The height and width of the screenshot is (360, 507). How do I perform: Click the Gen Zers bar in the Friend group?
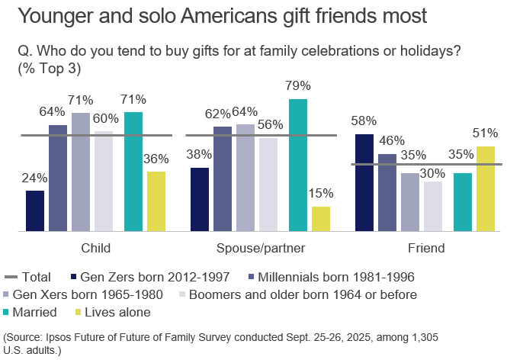pyautogui.click(x=364, y=182)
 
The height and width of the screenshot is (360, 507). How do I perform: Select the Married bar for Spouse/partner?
pyautogui.click(x=298, y=164)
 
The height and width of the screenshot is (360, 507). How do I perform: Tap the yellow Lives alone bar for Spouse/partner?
pyautogui.click(x=321, y=218)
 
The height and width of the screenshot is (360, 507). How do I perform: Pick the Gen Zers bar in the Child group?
pyautogui.click(x=35, y=210)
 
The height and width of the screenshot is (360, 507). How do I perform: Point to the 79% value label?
pyautogui.click(x=298, y=87)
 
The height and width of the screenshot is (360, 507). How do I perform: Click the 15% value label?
pyautogui.click(x=322, y=193)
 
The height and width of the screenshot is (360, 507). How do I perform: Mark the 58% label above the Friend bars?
pyautogui.click(x=364, y=121)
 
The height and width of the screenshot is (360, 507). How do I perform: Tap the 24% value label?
pyautogui.click(x=35, y=178)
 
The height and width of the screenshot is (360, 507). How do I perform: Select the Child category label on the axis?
pyautogui.click(x=95, y=248)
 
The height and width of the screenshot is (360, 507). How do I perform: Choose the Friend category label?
pyautogui.click(x=426, y=248)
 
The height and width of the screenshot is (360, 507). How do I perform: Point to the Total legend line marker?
pyautogui.click(x=11, y=277)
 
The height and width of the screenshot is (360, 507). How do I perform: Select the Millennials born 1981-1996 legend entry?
pyautogui.click(x=335, y=277)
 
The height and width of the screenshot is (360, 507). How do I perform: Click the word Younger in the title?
pyautogui.click(x=58, y=16)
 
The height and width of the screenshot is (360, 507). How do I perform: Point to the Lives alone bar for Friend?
pyautogui.click(x=486, y=188)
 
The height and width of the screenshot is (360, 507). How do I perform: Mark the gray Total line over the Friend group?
pyautogui.click(x=426, y=164)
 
